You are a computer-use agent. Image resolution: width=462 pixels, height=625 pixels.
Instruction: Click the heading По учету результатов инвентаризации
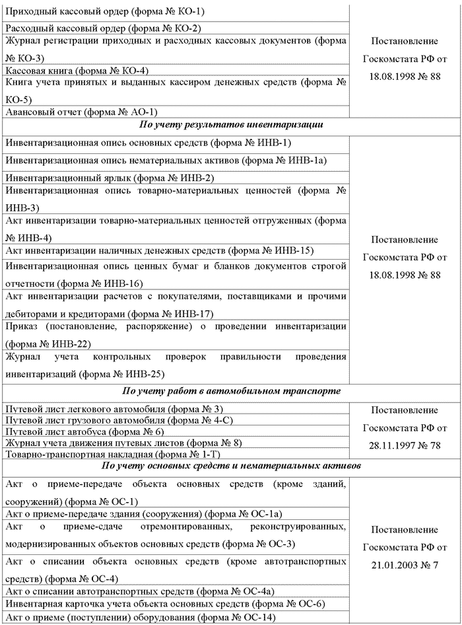coord(230,125)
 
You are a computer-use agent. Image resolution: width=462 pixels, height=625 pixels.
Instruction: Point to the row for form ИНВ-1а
coord(166,161)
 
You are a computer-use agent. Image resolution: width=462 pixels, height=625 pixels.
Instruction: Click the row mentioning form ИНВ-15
coord(158,250)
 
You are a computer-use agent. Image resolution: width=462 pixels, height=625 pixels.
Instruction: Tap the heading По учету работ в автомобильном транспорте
coord(231,391)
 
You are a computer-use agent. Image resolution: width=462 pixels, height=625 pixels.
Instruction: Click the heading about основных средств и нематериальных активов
coord(230,467)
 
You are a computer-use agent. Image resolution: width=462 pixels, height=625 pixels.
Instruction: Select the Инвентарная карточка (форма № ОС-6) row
coord(164,604)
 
